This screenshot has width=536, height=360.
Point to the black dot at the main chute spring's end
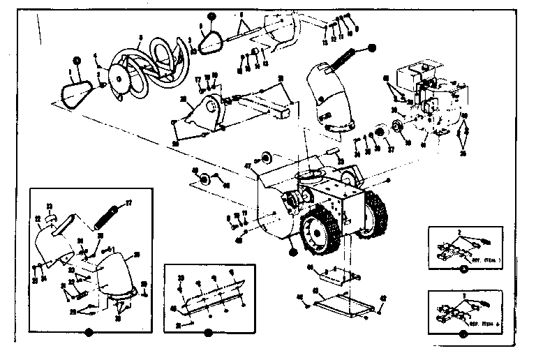click(x=372, y=47)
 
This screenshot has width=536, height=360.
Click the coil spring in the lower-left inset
click(x=109, y=211)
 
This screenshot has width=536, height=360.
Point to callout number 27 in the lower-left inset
click(x=128, y=202)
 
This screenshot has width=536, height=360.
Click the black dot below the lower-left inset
click(x=87, y=333)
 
